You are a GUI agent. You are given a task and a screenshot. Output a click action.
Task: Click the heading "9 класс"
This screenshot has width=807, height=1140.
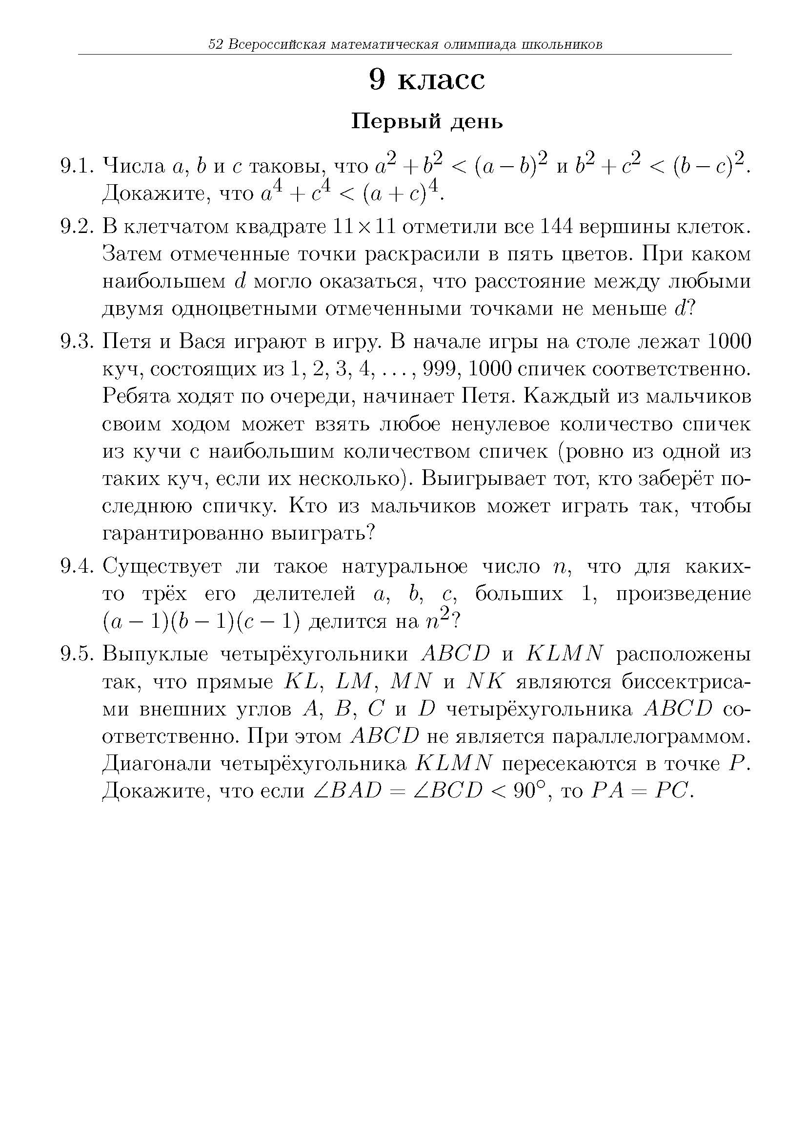[x=427, y=79]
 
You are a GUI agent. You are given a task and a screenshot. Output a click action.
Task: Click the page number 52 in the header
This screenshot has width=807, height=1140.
[x=215, y=45]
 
